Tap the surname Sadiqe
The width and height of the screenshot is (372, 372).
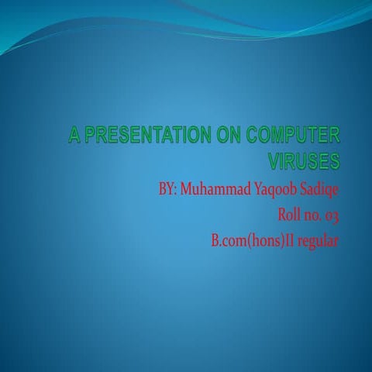click(x=320, y=191)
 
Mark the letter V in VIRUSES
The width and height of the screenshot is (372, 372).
click(x=274, y=162)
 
